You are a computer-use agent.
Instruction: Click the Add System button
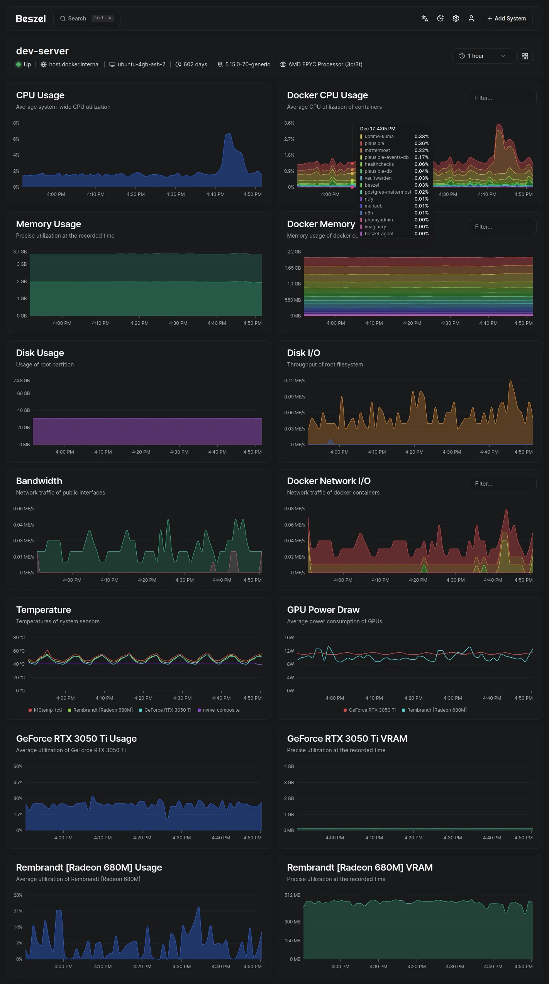[x=507, y=19]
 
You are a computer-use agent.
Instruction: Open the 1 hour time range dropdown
[x=482, y=56]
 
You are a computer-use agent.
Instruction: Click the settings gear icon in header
[x=456, y=19]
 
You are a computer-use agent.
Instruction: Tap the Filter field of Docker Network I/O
[x=502, y=484]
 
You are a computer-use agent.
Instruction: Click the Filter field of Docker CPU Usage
[x=502, y=98]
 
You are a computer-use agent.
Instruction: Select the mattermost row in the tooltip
[x=377, y=150]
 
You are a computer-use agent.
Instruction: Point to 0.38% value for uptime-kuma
[x=421, y=137]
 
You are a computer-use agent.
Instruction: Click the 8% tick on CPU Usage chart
[x=16, y=123]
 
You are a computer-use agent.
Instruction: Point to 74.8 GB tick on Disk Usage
[x=22, y=381]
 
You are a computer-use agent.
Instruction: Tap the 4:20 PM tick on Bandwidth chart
[x=147, y=580]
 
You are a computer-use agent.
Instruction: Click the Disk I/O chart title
[x=303, y=353]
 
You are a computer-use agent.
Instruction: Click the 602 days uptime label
[x=195, y=64]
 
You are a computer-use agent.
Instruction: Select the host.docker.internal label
[x=74, y=64]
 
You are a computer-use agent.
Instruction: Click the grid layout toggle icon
[x=525, y=56]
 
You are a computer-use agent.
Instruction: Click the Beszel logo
[x=31, y=19]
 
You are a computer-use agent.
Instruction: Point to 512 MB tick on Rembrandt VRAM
[x=292, y=895]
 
